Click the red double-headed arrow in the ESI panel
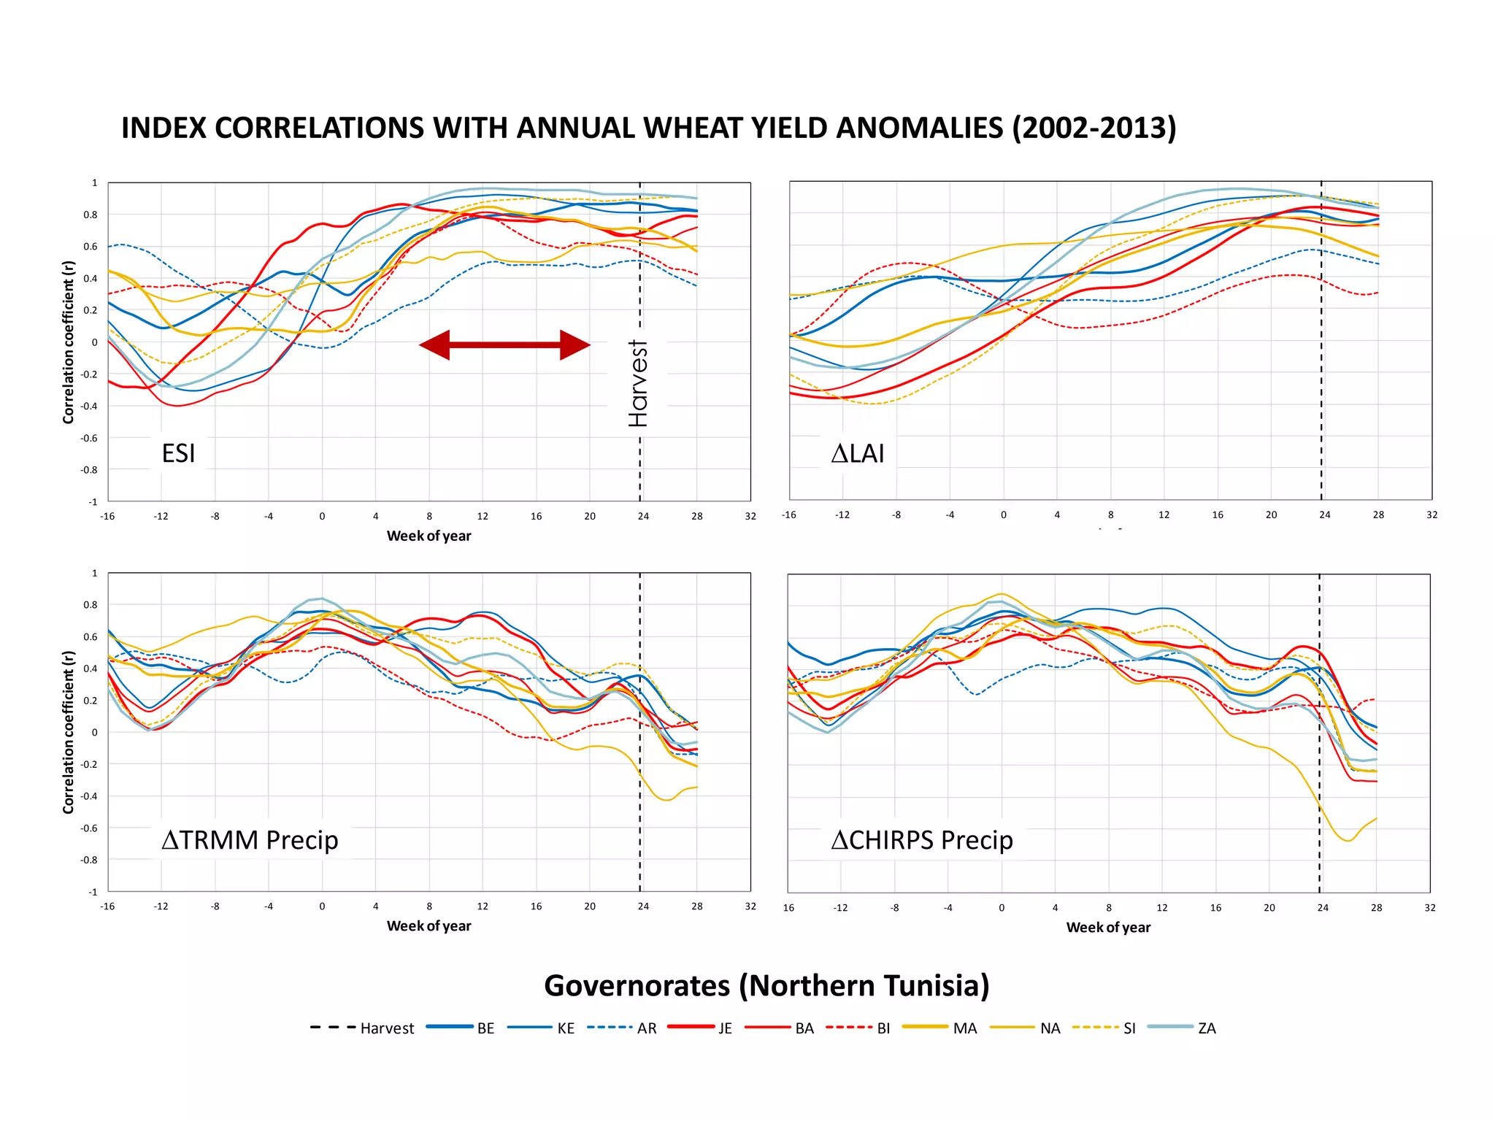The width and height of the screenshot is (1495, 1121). click(504, 344)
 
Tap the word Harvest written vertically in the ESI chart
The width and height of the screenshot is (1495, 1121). click(638, 383)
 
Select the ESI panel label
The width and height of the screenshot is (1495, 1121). click(178, 453)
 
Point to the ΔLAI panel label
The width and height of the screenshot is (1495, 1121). click(858, 453)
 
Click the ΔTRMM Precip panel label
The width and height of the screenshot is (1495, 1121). click(250, 840)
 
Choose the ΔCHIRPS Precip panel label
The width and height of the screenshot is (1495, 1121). click(922, 840)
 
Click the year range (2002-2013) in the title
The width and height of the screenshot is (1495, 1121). click(1094, 128)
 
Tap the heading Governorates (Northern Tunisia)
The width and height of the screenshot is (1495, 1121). click(766, 985)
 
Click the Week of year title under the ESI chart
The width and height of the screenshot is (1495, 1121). click(428, 536)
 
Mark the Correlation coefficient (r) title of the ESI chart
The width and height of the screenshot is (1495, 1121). click(69, 342)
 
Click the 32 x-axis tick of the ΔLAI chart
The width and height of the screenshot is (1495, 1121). click(1431, 515)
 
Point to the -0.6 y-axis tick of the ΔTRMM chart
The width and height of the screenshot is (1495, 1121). click(90, 828)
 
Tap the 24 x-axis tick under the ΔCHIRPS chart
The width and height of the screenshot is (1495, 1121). click(1323, 908)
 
